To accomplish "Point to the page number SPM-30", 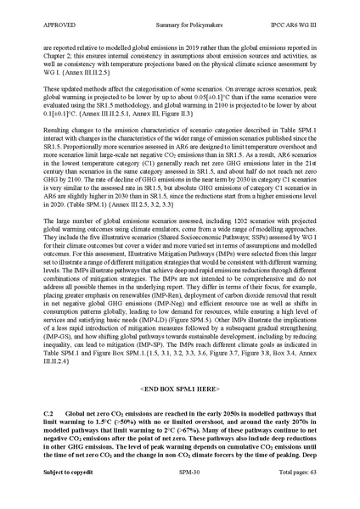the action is pos(179,491).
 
